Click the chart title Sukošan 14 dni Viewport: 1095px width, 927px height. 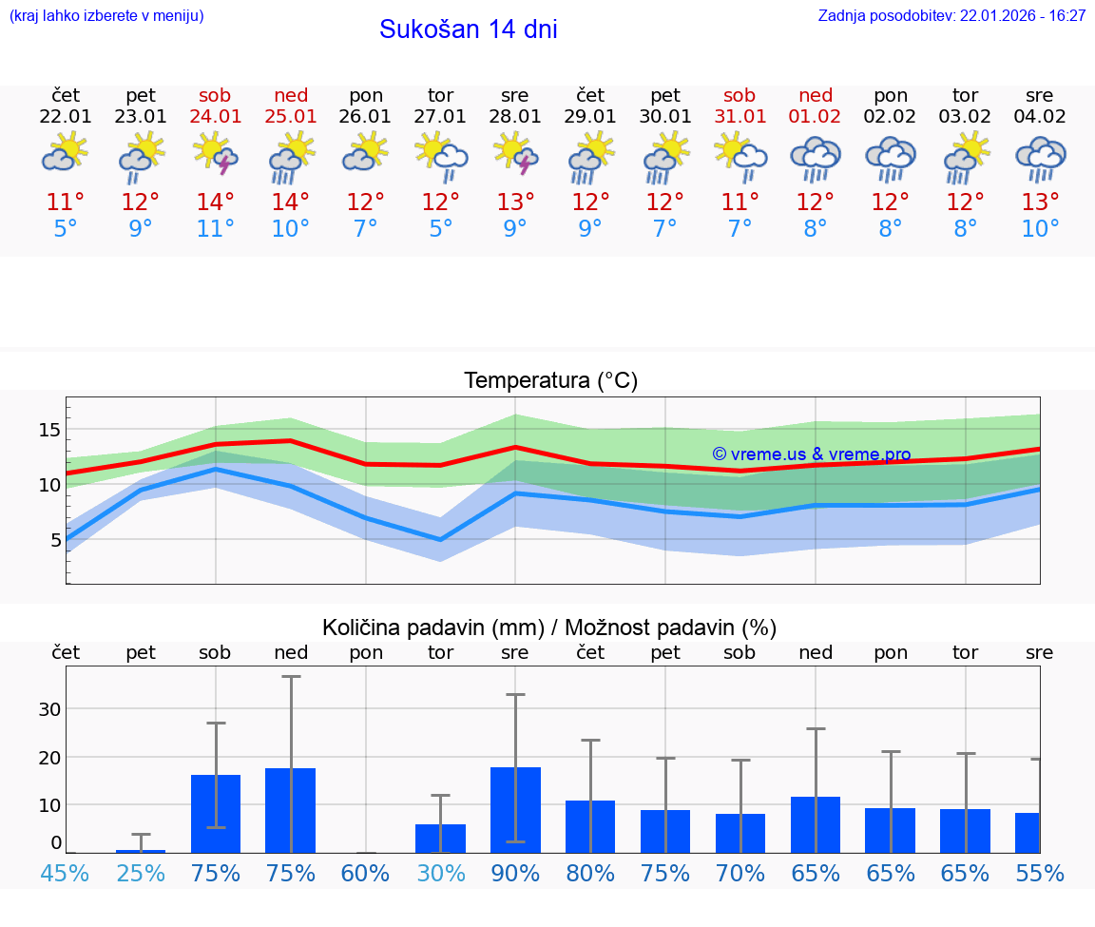[x=468, y=29]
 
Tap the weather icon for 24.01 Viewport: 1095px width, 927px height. [x=216, y=156]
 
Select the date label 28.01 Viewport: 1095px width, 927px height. [x=515, y=117]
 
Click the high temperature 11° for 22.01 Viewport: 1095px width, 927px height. [x=66, y=203]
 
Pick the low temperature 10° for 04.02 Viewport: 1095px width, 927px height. [x=1040, y=229]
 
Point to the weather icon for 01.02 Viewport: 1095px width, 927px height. [x=815, y=158]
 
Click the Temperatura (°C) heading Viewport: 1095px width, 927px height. [x=550, y=381]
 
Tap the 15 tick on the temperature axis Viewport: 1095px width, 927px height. [x=49, y=430]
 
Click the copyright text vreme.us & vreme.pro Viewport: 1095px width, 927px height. [x=811, y=454]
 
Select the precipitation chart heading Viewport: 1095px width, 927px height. [x=549, y=628]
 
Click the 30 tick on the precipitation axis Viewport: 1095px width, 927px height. [x=49, y=709]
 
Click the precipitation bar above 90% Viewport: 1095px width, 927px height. [x=515, y=809]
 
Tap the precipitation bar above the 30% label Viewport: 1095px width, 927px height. [x=440, y=838]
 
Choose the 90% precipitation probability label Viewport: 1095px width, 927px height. [x=515, y=874]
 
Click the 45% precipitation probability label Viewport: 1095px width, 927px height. [x=66, y=874]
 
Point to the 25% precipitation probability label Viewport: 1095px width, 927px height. [x=141, y=874]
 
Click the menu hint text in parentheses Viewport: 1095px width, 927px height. [x=106, y=16]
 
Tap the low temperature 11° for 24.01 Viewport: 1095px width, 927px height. [x=216, y=229]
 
